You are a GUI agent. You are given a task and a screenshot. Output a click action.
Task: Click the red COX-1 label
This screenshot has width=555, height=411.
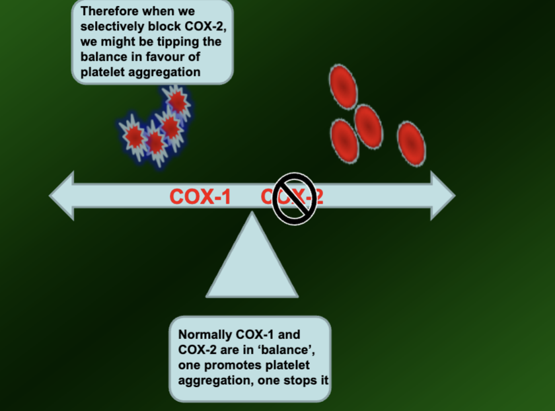click(x=200, y=196)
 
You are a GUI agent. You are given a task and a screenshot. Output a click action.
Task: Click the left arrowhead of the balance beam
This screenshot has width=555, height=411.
click(x=62, y=196)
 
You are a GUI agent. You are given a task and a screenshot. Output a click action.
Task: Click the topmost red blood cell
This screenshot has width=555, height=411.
click(x=342, y=87)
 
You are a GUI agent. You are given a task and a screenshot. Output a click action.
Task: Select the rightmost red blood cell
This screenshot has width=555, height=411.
click(x=411, y=143)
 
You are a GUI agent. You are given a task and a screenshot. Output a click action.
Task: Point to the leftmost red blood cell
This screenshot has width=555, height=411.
click(x=344, y=141)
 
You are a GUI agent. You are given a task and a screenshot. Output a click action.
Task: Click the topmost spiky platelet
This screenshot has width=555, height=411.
click(x=177, y=102)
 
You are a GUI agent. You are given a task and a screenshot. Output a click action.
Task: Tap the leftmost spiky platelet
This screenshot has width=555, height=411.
click(x=134, y=137)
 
